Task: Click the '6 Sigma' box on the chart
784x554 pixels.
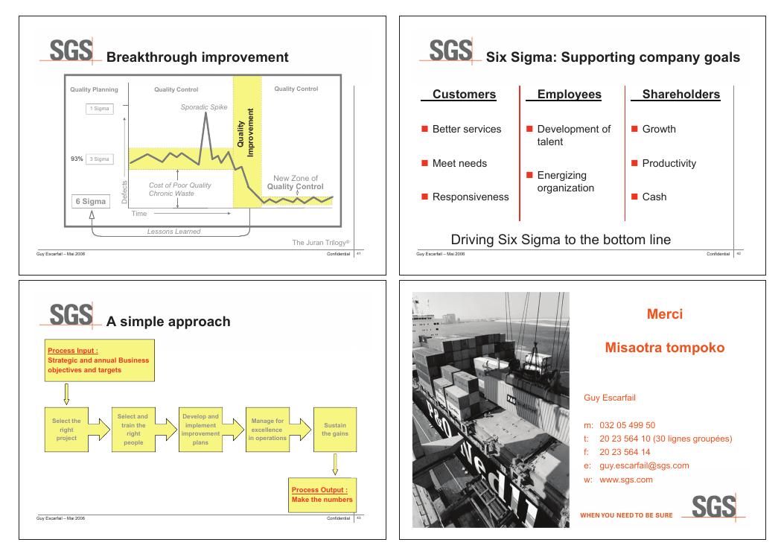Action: point(90,201)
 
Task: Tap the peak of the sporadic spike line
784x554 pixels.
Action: point(206,113)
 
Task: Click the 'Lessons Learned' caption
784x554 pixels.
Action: point(173,231)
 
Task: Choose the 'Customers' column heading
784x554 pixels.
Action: point(464,95)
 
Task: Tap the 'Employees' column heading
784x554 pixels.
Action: point(569,95)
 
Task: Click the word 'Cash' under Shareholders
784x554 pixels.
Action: point(654,197)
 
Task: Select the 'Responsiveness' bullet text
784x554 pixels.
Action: point(471,197)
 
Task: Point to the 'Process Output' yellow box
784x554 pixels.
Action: point(322,494)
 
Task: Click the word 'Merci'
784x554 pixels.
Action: point(665,314)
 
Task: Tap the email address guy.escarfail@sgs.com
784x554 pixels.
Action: point(644,465)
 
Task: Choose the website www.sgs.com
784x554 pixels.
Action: point(626,480)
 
